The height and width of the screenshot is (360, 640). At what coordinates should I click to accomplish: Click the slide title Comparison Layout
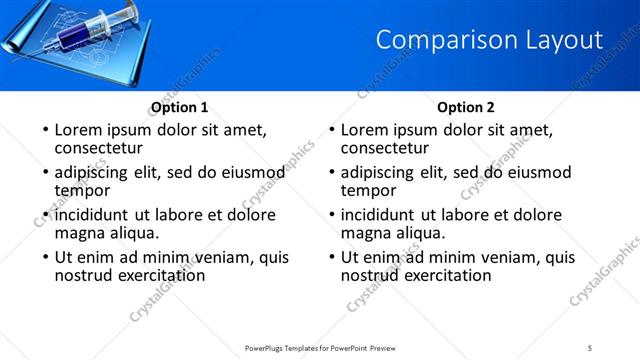point(489,40)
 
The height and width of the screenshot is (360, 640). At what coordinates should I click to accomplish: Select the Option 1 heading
point(180,108)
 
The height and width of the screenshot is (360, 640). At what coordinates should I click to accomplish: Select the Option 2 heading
point(466,108)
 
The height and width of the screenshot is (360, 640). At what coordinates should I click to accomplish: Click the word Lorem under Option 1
point(79,130)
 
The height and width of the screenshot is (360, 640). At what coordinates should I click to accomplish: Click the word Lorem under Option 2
point(365,130)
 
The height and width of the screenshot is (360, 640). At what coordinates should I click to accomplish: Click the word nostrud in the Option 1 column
point(84,275)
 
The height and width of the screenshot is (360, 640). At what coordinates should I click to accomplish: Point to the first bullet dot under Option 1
point(44,130)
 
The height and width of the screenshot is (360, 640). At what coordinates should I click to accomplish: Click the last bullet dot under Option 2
point(330,257)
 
